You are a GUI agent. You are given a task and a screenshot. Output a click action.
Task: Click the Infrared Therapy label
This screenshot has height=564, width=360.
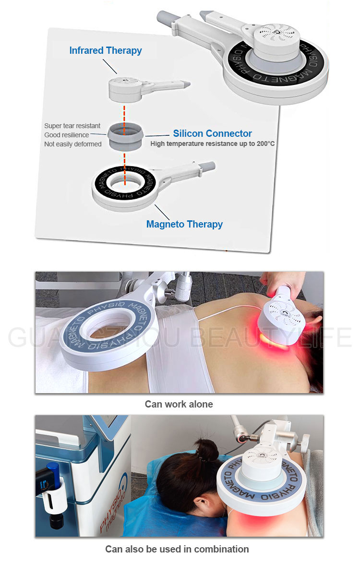[x=106, y=50]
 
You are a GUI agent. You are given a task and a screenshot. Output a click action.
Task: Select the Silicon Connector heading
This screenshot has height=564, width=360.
[x=212, y=133]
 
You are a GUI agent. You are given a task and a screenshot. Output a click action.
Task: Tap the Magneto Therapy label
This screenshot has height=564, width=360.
[x=184, y=224]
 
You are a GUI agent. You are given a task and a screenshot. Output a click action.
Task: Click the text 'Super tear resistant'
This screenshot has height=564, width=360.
[x=72, y=126]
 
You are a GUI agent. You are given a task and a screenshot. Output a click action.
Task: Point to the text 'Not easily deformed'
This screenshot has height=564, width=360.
[x=73, y=144]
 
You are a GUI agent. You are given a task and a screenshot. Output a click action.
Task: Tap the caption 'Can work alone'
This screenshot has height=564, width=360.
[x=179, y=404]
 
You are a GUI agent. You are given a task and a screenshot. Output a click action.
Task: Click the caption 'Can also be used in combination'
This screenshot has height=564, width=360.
[x=177, y=549]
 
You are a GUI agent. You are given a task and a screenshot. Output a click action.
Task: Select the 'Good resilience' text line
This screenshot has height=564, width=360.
[x=67, y=135]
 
